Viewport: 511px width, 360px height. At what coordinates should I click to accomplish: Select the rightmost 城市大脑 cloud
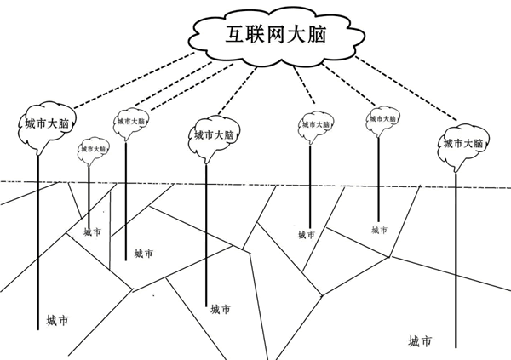pos(464,144)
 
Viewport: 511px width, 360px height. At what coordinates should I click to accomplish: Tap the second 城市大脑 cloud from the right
pos(381,122)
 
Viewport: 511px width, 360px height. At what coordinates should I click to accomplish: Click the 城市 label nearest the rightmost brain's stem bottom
pos(419,341)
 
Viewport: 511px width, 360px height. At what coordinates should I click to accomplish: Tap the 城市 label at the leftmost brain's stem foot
pos(57,321)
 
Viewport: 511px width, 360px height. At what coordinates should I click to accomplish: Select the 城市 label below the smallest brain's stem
pos(92,231)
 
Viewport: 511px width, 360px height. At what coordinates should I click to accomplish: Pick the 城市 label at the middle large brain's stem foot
pos(220,309)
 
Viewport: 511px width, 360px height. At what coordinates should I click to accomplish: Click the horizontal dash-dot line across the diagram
pos(255,182)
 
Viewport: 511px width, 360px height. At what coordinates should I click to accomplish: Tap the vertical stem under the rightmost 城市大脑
pos(458,255)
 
